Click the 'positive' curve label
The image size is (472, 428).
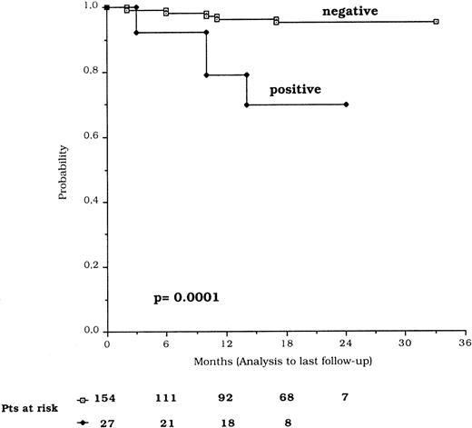[296, 90]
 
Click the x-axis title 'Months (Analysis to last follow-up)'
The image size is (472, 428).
[288, 362]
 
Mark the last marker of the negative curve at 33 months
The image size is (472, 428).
[436, 21]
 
